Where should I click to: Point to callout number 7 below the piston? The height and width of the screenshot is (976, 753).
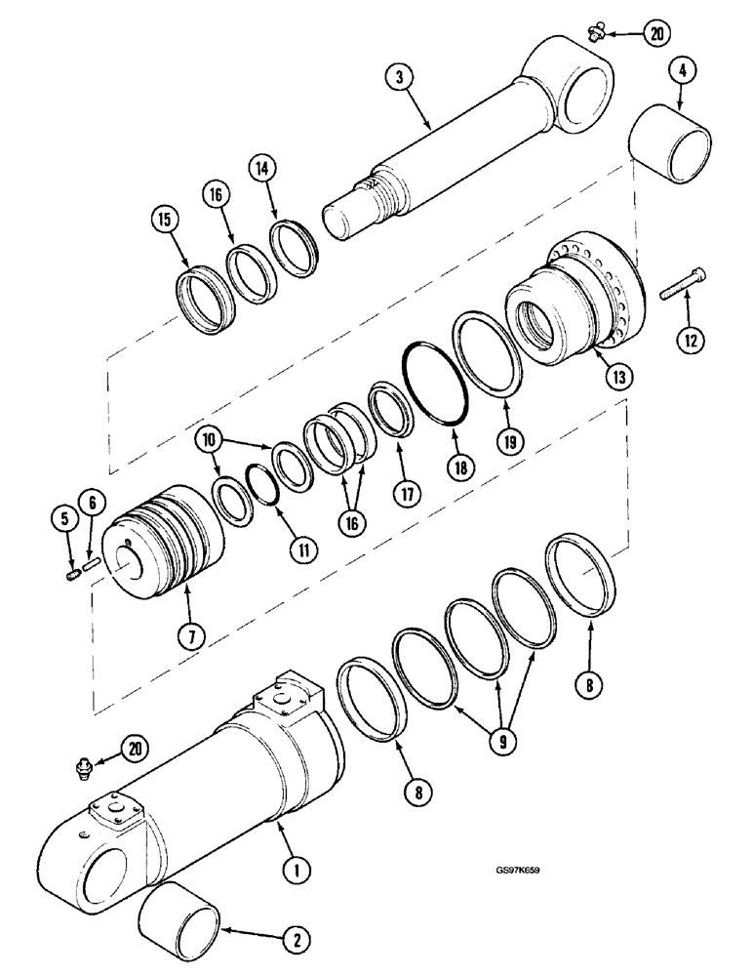(191, 636)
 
